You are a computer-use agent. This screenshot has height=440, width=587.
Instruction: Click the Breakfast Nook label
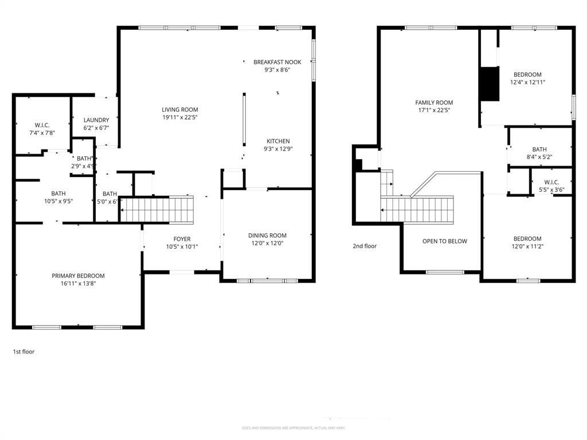pyautogui.click(x=277, y=62)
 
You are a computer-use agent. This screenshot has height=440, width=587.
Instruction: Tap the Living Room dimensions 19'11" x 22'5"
pyautogui.click(x=179, y=117)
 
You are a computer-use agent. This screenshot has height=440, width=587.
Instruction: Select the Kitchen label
pyautogui.click(x=278, y=141)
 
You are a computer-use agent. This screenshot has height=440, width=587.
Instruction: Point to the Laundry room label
pyautogui.click(x=96, y=120)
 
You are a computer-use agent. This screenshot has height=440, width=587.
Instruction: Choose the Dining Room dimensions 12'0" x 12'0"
pyautogui.click(x=267, y=243)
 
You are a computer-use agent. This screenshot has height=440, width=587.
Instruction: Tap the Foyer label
pyautogui.click(x=182, y=239)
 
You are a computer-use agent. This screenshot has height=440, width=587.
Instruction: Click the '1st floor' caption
pyautogui.click(x=24, y=352)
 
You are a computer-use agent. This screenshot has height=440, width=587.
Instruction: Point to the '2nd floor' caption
pyautogui.click(x=365, y=246)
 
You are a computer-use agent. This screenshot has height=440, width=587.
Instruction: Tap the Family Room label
pyautogui.click(x=434, y=103)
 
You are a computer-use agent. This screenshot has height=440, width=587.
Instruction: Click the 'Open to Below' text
pyautogui.click(x=444, y=241)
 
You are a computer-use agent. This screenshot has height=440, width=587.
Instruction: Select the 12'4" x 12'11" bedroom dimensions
pyautogui.click(x=527, y=82)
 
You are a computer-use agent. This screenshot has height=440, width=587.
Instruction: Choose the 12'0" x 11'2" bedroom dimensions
pyautogui.click(x=527, y=246)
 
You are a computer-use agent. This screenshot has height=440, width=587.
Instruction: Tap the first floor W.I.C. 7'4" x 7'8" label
pyautogui.click(x=42, y=132)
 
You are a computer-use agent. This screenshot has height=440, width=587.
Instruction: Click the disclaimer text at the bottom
pyautogui.click(x=293, y=428)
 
